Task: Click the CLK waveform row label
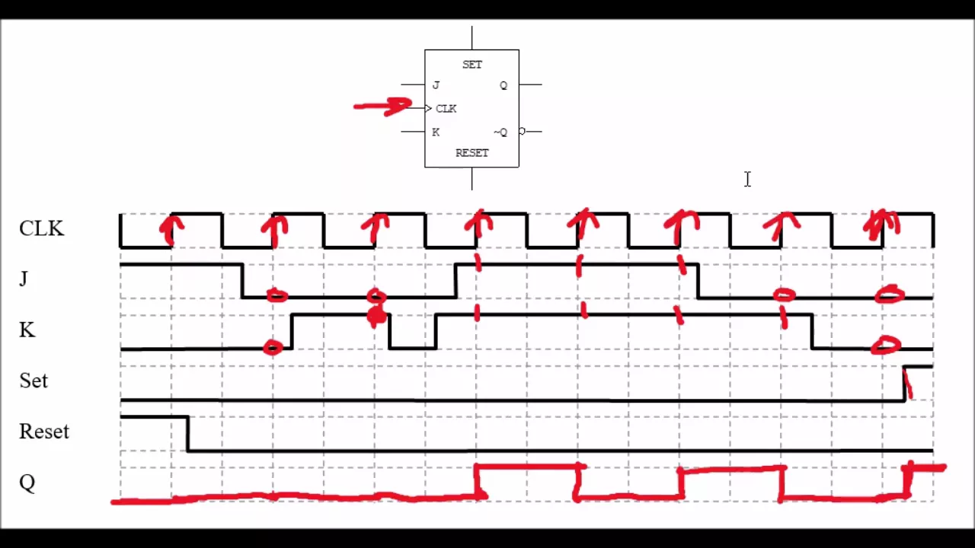(41, 228)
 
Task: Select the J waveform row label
(24, 279)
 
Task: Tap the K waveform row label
(27, 330)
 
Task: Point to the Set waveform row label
(34, 381)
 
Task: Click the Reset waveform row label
(44, 432)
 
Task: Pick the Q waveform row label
(27, 483)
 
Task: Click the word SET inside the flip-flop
(472, 65)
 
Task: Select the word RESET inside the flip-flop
(472, 153)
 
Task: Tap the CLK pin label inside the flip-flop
(446, 109)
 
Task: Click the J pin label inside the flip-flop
(436, 85)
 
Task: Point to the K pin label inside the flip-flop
(436, 132)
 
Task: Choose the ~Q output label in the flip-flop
(500, 132)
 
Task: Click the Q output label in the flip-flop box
(503, 85)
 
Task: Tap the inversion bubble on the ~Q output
(522, 132)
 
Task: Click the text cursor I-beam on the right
(747, 179)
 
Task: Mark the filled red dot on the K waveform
(376, 315)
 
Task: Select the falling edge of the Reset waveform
(188, 434)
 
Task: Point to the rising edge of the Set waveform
(904, 383)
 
